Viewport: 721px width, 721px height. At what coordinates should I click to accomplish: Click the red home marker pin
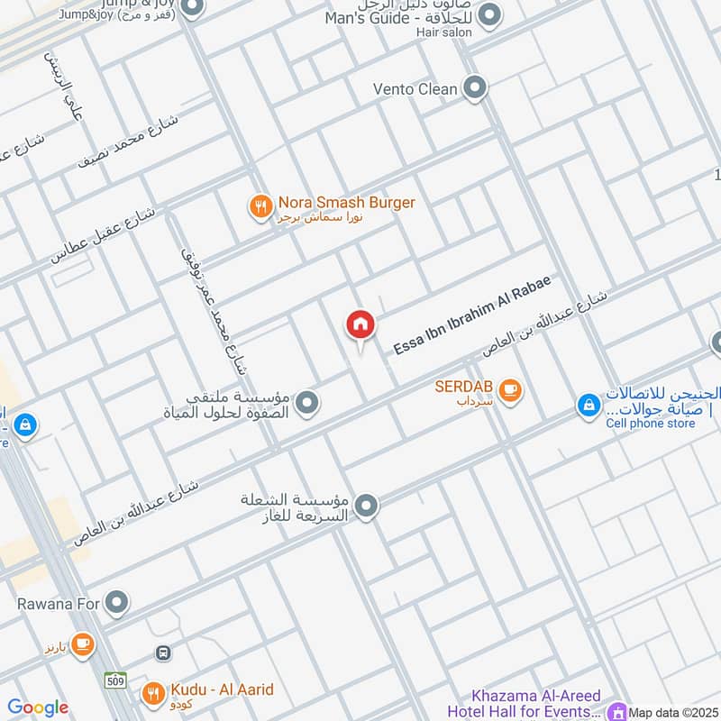point(360,325)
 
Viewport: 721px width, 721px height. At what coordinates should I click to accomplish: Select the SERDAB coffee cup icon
point(510,390)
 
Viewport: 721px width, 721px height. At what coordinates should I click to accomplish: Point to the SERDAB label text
point(463,386)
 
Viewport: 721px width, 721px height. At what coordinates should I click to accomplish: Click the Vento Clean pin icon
point(475,88)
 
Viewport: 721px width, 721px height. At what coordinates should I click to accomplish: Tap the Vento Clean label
point(415,89)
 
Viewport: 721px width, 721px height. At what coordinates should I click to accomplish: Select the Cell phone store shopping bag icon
point(588,406)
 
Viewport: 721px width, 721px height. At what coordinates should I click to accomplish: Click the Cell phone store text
point(650,424)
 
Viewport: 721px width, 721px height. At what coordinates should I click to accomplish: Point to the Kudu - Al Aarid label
point(221,690)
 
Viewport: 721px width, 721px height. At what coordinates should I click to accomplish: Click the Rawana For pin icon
point(115,602)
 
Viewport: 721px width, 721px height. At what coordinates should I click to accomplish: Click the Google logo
point(37,707)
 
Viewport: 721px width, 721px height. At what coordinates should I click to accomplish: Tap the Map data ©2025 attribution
point(672,712)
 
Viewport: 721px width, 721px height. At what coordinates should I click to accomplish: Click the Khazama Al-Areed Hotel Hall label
point(537,703)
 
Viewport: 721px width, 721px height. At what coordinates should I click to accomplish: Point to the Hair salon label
point(439,32)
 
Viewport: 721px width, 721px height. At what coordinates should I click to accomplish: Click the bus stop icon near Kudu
point(163,653)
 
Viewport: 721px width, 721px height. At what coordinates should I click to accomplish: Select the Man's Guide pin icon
point(489,14)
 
